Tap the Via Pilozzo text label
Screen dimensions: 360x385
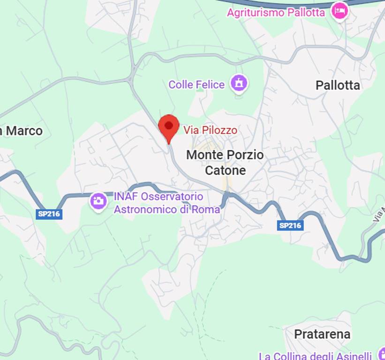click(x=210, y=130)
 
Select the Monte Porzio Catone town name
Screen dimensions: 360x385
click(x=225, y=162)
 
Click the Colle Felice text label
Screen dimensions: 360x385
click(x=196, y=85)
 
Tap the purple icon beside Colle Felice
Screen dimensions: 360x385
click(x=239, y=84)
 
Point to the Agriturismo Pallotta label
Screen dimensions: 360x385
click(x=276, y=12)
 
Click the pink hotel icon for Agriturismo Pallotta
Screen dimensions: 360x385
click(x=340, y=11)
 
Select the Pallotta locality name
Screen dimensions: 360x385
click(x=338, y=85)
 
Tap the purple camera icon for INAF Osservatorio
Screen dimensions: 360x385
click(x=98, y=202)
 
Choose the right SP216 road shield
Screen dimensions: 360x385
click(x=290, y=225)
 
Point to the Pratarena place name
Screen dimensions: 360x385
click(x=322, y=334)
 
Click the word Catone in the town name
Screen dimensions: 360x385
click(x=225, y=170)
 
